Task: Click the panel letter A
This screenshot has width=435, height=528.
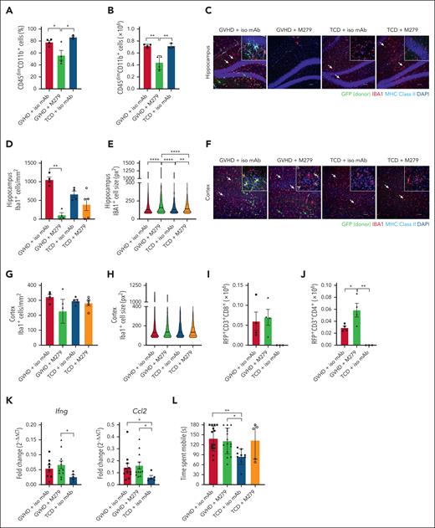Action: point(7,7)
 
